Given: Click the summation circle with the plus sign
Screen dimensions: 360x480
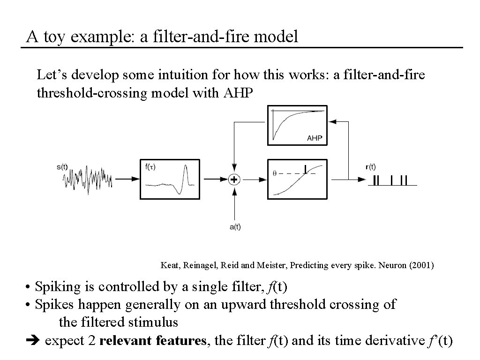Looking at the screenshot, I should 233,179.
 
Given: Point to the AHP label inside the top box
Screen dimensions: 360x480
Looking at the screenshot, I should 314,138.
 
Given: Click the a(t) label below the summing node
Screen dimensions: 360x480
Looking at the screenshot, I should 235,227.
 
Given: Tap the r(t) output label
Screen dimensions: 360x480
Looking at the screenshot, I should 370,166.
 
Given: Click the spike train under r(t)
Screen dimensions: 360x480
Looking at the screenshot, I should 390,180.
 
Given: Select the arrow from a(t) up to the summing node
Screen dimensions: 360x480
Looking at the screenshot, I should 233,204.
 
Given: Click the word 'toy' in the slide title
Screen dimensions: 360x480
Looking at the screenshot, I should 54,37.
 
